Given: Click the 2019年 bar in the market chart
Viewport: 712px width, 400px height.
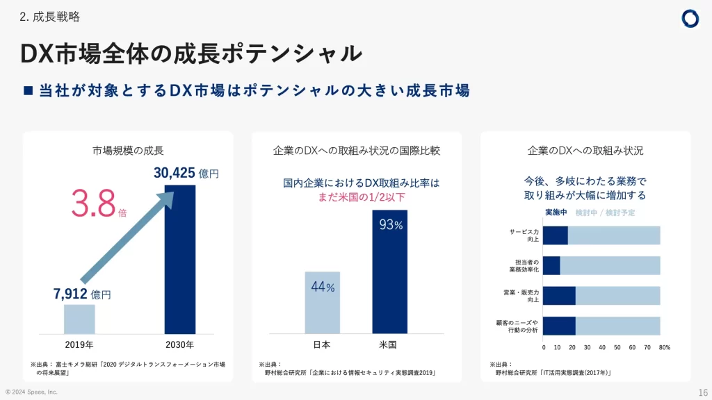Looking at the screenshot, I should tap(79, 319).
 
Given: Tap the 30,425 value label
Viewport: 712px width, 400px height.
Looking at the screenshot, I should tap(175, 173).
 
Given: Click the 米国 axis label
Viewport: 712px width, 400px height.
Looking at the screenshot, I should tap(388, 345).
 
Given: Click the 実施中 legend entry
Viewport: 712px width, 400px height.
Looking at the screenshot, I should tap(556, 212).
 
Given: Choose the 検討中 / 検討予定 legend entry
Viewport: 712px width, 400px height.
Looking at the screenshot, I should tap(605, 212).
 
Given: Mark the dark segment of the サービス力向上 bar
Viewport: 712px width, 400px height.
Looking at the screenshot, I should tap(556, 235).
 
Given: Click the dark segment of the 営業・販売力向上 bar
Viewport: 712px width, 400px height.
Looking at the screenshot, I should tap(559, 295).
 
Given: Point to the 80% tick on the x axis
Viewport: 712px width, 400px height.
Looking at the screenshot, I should tap(664, 347).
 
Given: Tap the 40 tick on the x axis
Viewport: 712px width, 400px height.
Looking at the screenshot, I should tap(602, 347).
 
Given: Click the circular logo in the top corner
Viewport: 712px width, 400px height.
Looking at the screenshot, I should tap(690, 19).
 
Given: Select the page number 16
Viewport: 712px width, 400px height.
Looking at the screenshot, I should tap(702, 392).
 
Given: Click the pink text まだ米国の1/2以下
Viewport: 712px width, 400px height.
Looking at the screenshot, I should tap(361, 197).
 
